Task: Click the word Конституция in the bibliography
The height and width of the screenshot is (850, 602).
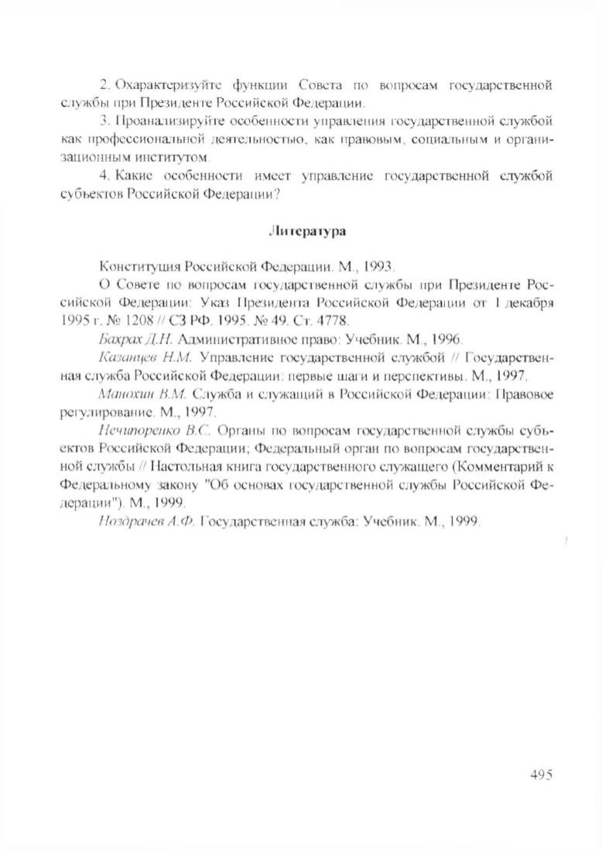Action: [x=137, y=265]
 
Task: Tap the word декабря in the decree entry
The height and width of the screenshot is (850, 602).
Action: [x=526, y=302]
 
